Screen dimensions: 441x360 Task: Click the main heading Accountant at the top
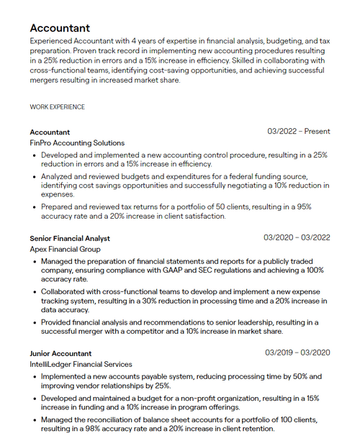(x=60, y=28)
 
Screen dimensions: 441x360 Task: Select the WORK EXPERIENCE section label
(x=57, y=107)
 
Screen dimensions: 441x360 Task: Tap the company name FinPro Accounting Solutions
(x=77, y=143)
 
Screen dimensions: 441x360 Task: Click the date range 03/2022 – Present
(x=298, y=132)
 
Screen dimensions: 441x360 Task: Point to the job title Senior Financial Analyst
(x=70, y=238)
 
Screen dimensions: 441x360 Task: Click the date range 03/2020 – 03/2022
(x=297, y=238)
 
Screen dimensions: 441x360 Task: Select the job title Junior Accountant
(x=60, y=353)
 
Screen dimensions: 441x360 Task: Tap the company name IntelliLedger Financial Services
(x=81, y=365)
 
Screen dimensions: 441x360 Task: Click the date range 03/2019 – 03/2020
(x=297, y=353)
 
